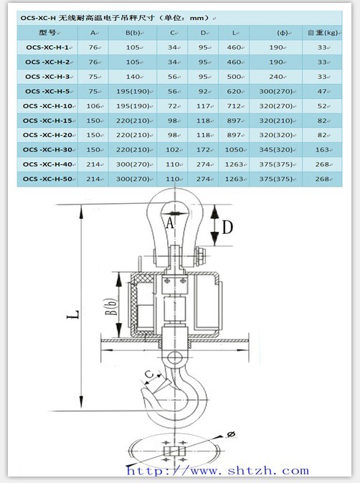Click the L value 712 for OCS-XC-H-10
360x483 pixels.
click(234, 106)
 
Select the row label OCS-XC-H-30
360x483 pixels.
click(47, 150)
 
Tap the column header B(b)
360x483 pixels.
click(133, 32)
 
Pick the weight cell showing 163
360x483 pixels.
click(322, 150)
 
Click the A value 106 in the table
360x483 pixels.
click(93, 106)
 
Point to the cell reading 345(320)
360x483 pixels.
click(275, 150)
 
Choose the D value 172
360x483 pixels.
click(203, 150)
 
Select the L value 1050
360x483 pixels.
click(234, 150)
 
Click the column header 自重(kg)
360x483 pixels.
click(323, 32)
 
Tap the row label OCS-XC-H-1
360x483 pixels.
click(47, 47)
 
